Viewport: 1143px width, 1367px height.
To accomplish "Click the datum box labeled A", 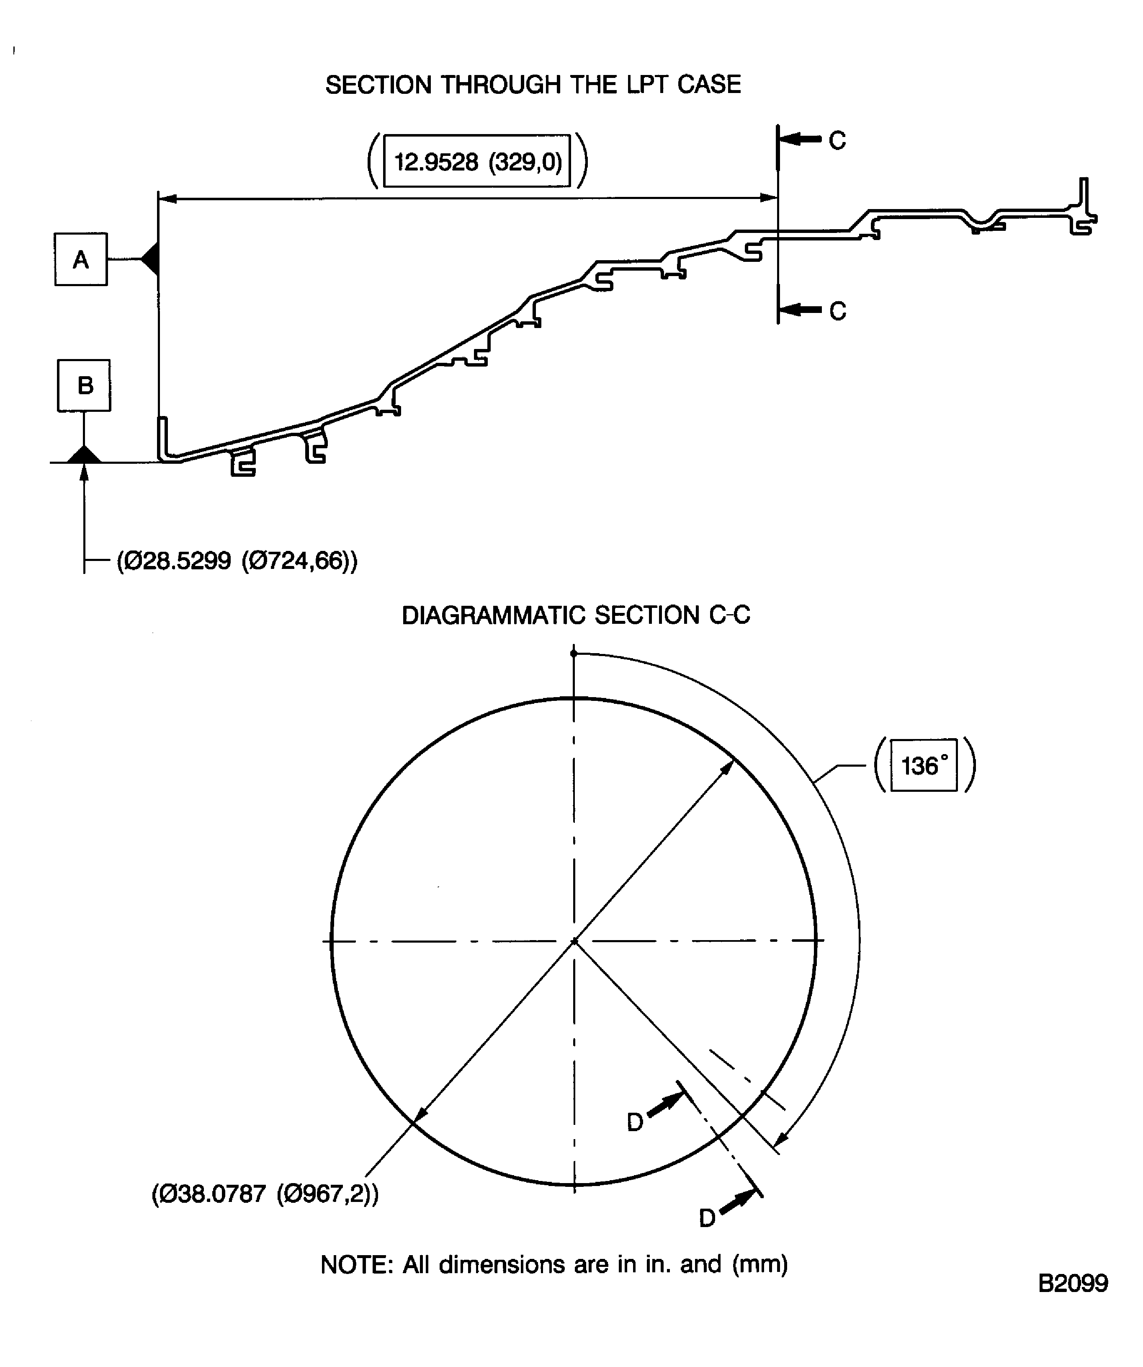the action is (81, 259).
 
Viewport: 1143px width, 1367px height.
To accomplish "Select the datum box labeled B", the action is (84, 385).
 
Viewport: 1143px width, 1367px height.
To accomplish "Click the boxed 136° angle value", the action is (924, 765).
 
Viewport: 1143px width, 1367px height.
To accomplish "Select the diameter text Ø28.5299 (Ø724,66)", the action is (237, 561).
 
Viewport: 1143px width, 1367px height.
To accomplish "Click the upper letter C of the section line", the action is (837, 141).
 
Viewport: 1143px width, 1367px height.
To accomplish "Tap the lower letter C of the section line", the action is (838, 311).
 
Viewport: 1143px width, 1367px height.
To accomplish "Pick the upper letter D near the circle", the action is (635, 1122).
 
